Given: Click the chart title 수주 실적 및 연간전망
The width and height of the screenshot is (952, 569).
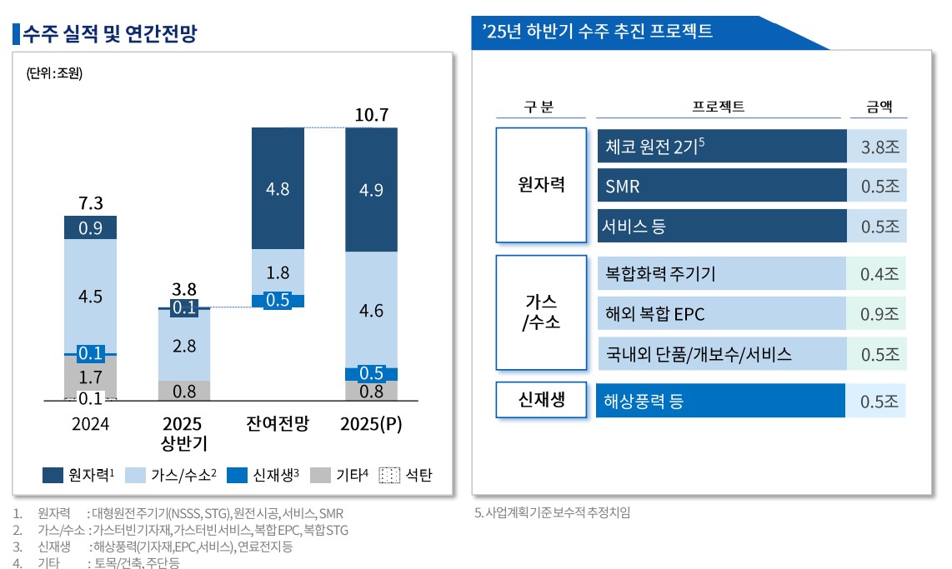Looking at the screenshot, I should click(112, 34).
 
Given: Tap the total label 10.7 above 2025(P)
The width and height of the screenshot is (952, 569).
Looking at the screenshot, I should click(371, 115).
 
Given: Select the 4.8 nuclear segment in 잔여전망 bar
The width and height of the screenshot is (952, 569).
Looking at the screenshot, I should click(278, 188).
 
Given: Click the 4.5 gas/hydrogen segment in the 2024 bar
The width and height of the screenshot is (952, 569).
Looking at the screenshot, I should click(90, 297).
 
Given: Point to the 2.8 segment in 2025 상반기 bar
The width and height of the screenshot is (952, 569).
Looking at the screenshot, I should click(184, 345).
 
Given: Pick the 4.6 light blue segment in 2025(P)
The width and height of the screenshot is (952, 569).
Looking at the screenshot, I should click(371, 311).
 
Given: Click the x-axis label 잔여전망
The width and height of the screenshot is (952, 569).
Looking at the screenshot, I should click(278, 423).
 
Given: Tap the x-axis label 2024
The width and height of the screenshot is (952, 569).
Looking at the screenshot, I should click(90, 423).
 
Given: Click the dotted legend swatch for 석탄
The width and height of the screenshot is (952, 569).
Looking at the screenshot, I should click(388, 476).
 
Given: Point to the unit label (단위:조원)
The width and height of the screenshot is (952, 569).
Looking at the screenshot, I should click(55, 72).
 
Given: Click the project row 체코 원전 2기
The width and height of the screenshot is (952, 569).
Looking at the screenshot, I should click(722, 146).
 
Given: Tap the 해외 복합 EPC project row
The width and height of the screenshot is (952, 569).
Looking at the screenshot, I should click(722, 314).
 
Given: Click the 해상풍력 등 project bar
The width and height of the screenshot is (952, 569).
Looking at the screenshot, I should click(722, 402).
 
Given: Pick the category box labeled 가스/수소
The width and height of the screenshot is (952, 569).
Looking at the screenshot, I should click(543, 312).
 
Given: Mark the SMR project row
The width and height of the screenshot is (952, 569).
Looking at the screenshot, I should click(722, 186).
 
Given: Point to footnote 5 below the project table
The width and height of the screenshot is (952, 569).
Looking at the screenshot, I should click(552, 512).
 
